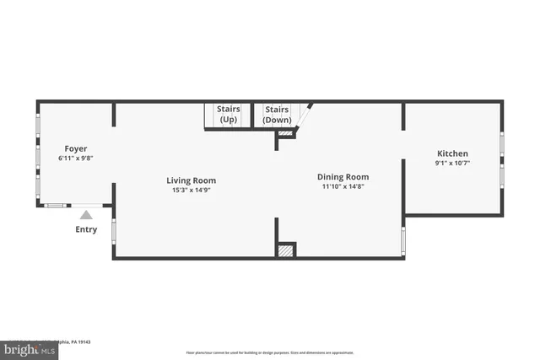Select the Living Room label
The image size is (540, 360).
[191, 180]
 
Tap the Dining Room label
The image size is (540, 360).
[343, 177]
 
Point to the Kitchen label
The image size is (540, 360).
[452, 153]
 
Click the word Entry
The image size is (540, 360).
[86, 229]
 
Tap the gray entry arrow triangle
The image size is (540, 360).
[86, 215]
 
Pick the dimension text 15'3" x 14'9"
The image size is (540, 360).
[191, 191]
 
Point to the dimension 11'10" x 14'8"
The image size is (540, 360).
[343, 187]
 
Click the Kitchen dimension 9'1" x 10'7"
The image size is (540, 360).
[452, 164]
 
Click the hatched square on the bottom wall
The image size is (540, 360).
[286, 250]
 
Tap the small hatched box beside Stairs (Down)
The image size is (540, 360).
[285, 133]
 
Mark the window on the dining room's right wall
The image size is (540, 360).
[403, 240]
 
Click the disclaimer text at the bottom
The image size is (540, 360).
[269, 352]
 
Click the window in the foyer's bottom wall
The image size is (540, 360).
[57, 205]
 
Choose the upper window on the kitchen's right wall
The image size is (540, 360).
[502, 144]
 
